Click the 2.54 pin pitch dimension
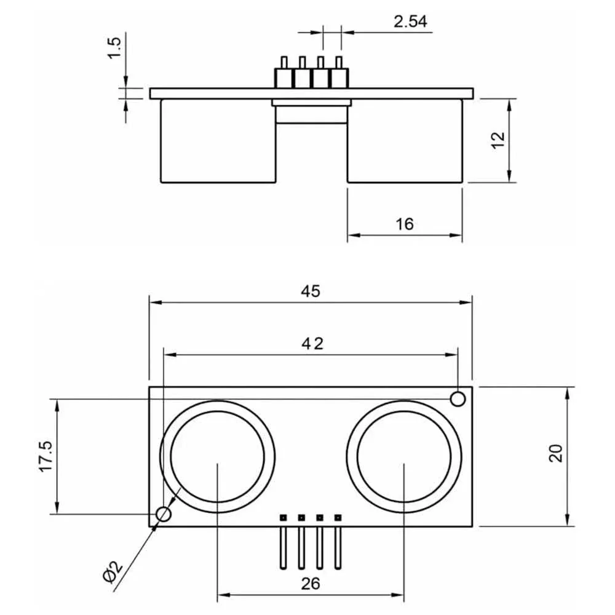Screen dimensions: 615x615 pos(410,22)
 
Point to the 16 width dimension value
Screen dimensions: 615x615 pos(404,224)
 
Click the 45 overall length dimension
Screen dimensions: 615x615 pos(311,291)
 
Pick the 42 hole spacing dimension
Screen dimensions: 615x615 pos(311,344)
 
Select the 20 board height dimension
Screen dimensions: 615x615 pos(556,454)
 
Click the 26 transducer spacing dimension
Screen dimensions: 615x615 pos(311,584)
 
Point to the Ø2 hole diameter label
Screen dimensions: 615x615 pos(113,573)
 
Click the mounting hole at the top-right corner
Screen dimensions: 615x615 pos(458,399)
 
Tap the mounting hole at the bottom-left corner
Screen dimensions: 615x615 pos(164,514)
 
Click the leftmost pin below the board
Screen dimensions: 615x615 pos(284,544)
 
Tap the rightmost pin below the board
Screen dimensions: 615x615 pos(338,544)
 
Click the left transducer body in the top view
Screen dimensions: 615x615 pos(218,141)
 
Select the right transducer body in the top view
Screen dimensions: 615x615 pos(404,141)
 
